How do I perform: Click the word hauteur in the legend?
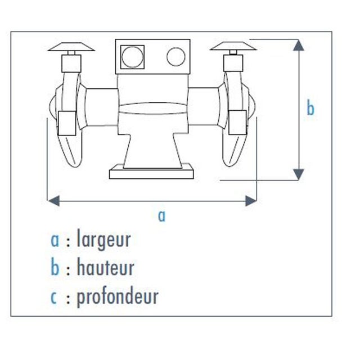click(105, 268)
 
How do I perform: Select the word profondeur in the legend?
click(118, 298)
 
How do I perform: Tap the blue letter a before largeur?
click(55, 241)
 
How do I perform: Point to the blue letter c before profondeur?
click(53, 298)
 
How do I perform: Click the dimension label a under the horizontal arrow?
click(161, 216)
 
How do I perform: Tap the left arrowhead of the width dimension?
click(54, 201)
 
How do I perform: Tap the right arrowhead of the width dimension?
click(251, 201)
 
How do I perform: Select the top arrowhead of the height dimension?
click(299, 45)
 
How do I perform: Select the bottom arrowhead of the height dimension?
click(299, 174)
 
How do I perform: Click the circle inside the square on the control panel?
click(132, 57)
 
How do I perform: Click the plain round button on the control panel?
click(176, 57)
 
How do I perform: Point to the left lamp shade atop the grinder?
click(71, 47)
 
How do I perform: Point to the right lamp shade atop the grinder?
click(233, 46)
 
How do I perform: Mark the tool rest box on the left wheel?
click(67, 123)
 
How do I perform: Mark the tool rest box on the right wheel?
click(237, 123)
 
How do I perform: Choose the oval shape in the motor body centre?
click(152, 109)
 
